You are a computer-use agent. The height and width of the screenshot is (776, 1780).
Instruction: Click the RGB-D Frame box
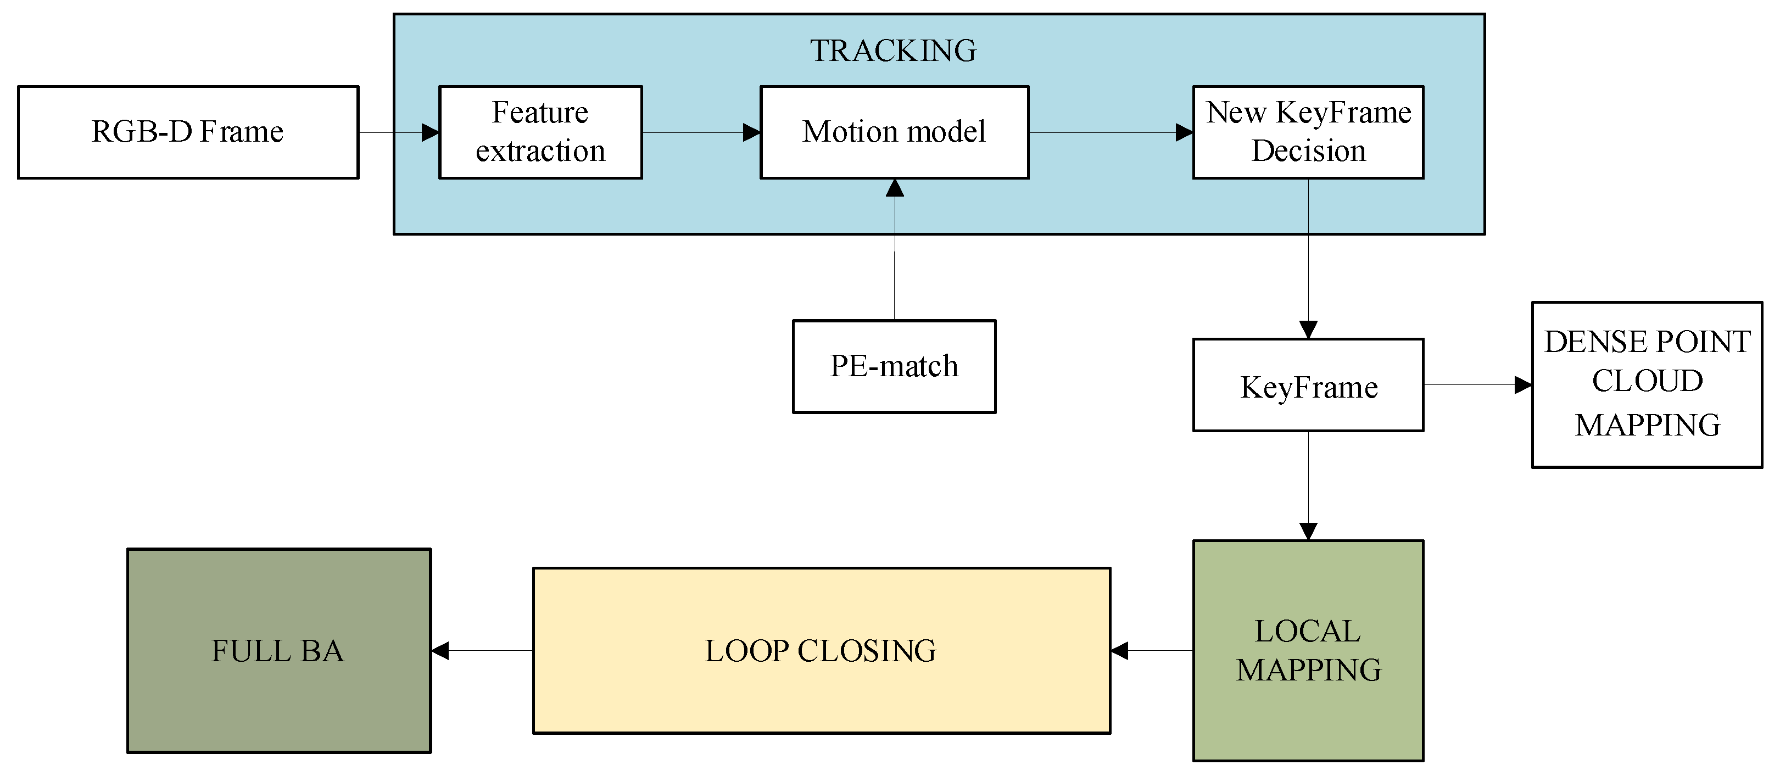click(188, 132)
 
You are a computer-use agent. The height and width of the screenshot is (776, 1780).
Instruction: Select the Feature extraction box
click(540, 132)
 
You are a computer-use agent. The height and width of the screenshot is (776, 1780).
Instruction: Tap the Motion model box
click(894, 132)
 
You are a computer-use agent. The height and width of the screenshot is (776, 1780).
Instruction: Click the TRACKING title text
click(893, 51)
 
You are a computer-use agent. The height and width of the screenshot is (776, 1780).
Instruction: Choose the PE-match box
click(894, 366)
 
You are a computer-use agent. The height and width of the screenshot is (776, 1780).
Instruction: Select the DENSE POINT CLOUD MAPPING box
click(1647, 384)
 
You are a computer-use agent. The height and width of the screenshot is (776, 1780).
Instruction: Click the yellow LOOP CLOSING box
click(821, 650)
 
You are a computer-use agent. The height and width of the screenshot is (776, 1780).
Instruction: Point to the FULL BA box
click(278, 650)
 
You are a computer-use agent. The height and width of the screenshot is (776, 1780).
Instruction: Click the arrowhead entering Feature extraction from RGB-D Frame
click(431, 132)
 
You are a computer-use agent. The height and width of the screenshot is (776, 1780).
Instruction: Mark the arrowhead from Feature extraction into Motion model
click(751, 132)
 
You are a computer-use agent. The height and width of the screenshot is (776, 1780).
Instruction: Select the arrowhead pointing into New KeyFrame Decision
click(1184, 132)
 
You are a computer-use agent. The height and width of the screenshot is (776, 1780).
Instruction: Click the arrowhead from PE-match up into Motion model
click(895, 188)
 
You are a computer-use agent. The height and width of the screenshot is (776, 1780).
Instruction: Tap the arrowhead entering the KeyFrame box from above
click(1308, 330)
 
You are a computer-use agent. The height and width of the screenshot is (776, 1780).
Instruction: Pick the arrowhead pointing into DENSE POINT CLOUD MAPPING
click(1522, 385)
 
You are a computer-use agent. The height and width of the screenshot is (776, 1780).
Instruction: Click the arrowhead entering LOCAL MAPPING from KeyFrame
click(1308, 531)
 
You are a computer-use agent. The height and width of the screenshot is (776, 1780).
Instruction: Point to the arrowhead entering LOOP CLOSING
click(1120, 650)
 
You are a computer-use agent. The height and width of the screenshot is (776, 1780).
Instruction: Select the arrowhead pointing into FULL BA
click(440, 650)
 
